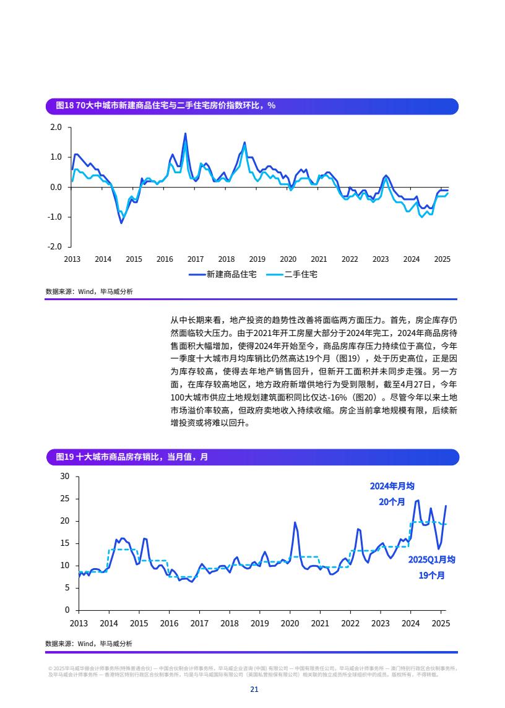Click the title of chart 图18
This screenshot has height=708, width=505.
165,106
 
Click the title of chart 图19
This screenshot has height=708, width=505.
132,457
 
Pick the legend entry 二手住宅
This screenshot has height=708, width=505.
301,274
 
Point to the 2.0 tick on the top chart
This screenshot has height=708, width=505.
56,127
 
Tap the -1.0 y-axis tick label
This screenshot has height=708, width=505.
54,217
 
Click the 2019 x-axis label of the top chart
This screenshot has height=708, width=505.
257,259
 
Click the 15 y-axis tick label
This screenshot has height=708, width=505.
65,543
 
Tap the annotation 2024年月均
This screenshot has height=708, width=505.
392,486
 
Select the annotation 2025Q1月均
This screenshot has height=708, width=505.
431,559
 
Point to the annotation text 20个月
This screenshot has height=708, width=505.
392,502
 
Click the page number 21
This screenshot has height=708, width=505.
254,689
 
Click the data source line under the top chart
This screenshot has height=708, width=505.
88,291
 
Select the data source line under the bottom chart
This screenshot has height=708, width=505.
88,644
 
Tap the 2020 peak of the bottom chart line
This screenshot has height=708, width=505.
295,522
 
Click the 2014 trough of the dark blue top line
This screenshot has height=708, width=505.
121,223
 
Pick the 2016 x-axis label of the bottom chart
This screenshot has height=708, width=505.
169,623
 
